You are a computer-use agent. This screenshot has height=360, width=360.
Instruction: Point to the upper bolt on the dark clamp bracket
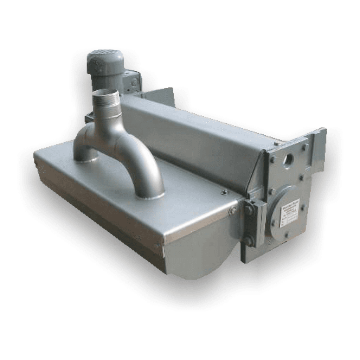(249, 210)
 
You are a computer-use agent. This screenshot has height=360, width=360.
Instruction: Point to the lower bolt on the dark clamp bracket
(249, 241)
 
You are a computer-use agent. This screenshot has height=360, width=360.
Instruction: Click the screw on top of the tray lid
(224, 192)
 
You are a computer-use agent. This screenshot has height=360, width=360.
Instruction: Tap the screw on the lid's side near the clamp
(232, 211)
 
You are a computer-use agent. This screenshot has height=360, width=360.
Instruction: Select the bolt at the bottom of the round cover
(288, 235)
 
